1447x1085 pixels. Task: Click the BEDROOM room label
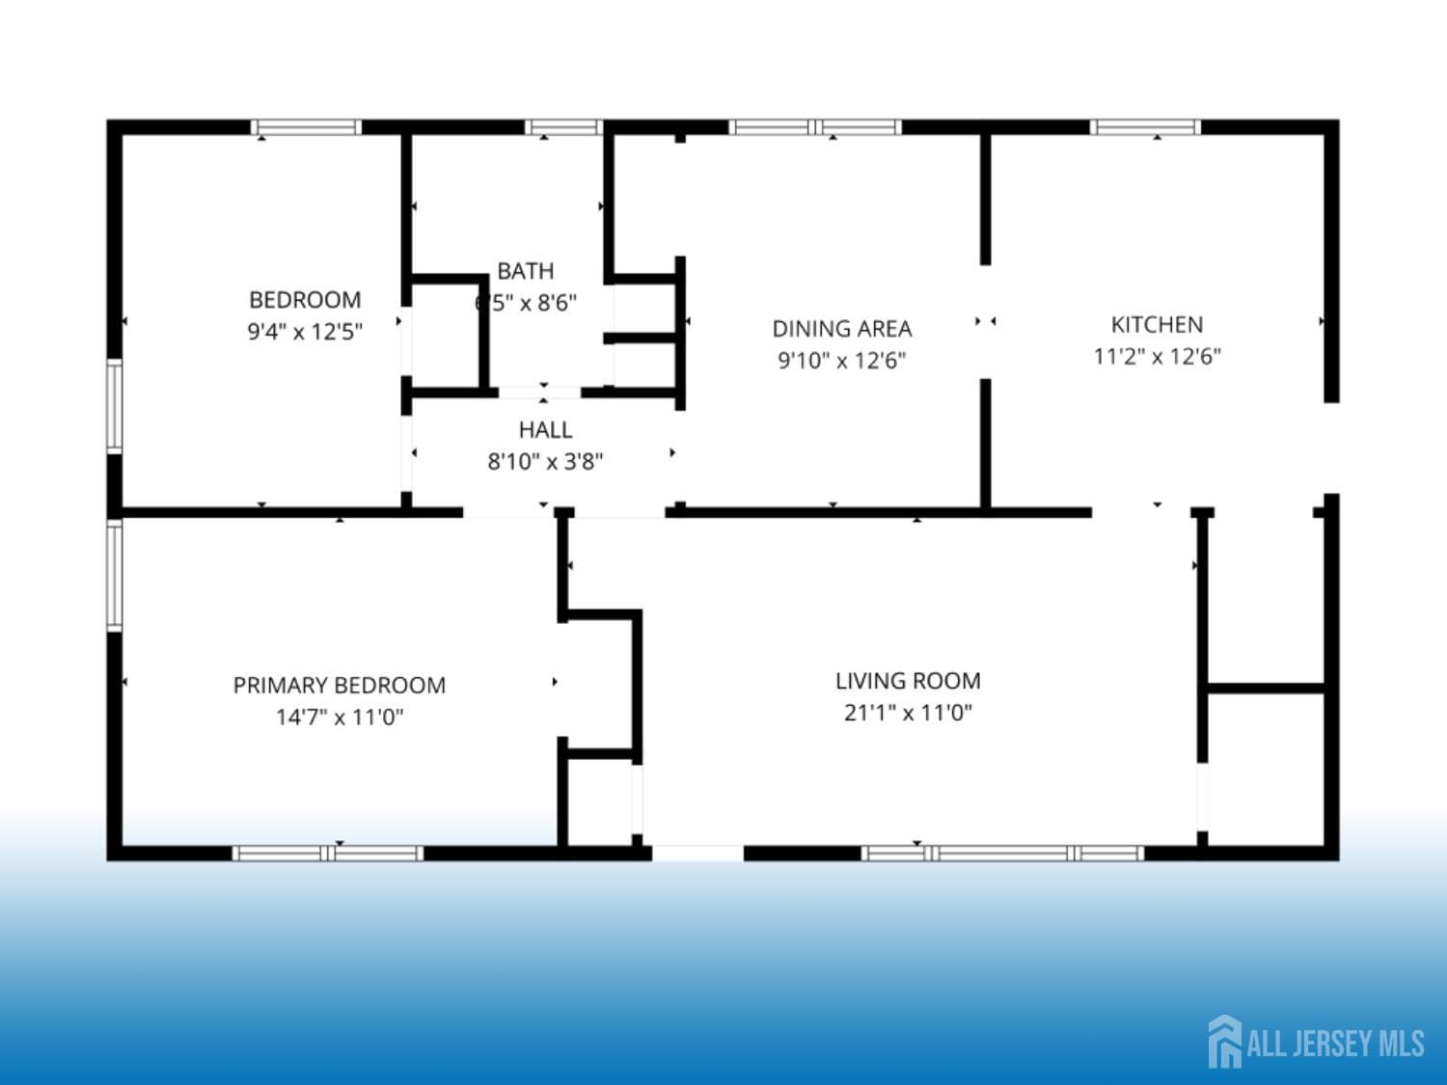305,300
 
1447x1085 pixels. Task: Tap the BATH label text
526,271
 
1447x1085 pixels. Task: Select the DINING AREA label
842,329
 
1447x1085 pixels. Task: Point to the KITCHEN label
1157,324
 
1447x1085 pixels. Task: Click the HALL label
545,429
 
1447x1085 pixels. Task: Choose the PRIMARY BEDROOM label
340,685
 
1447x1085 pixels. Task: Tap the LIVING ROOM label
908,681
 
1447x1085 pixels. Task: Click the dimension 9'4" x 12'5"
305,332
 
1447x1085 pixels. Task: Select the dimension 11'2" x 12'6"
1157,356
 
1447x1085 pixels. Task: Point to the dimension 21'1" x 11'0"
908,713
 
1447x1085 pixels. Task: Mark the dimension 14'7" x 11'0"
340,717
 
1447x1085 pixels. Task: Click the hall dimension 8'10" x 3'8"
545,461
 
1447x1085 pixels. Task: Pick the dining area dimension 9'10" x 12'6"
842,361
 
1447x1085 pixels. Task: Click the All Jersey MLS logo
1317,1042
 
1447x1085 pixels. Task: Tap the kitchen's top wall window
1145,126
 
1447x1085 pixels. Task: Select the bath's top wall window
563,126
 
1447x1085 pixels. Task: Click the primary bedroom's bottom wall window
328,853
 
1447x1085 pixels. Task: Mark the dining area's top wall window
815,126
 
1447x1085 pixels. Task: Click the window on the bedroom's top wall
306,126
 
